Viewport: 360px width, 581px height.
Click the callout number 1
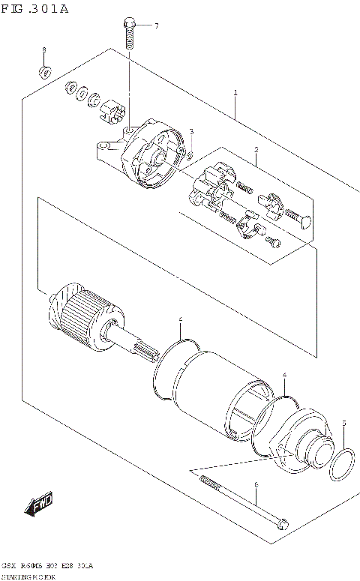click(x=235, y=94)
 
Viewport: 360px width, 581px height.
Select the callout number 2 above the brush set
click(x=256, y=150)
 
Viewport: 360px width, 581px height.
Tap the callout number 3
click(x=191, y=132)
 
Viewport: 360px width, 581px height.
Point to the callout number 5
click(x=343, y=424)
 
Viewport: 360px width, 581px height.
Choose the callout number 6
click(x=256, y=485)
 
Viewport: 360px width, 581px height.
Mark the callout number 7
click(x=157, y=26)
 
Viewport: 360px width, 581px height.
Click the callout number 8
click(x=43, y=49)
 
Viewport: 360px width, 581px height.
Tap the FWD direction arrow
click(x=38, y=504)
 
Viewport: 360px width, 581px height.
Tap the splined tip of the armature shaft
click(x=145, y=349)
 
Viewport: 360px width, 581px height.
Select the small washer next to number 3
click(x=190, y=156)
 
